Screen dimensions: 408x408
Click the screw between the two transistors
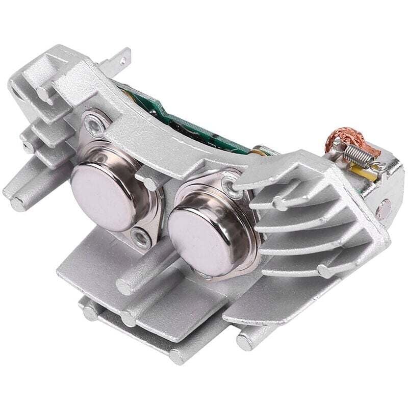click(x=139, y=236)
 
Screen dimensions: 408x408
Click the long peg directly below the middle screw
click(x=125, y=286)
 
